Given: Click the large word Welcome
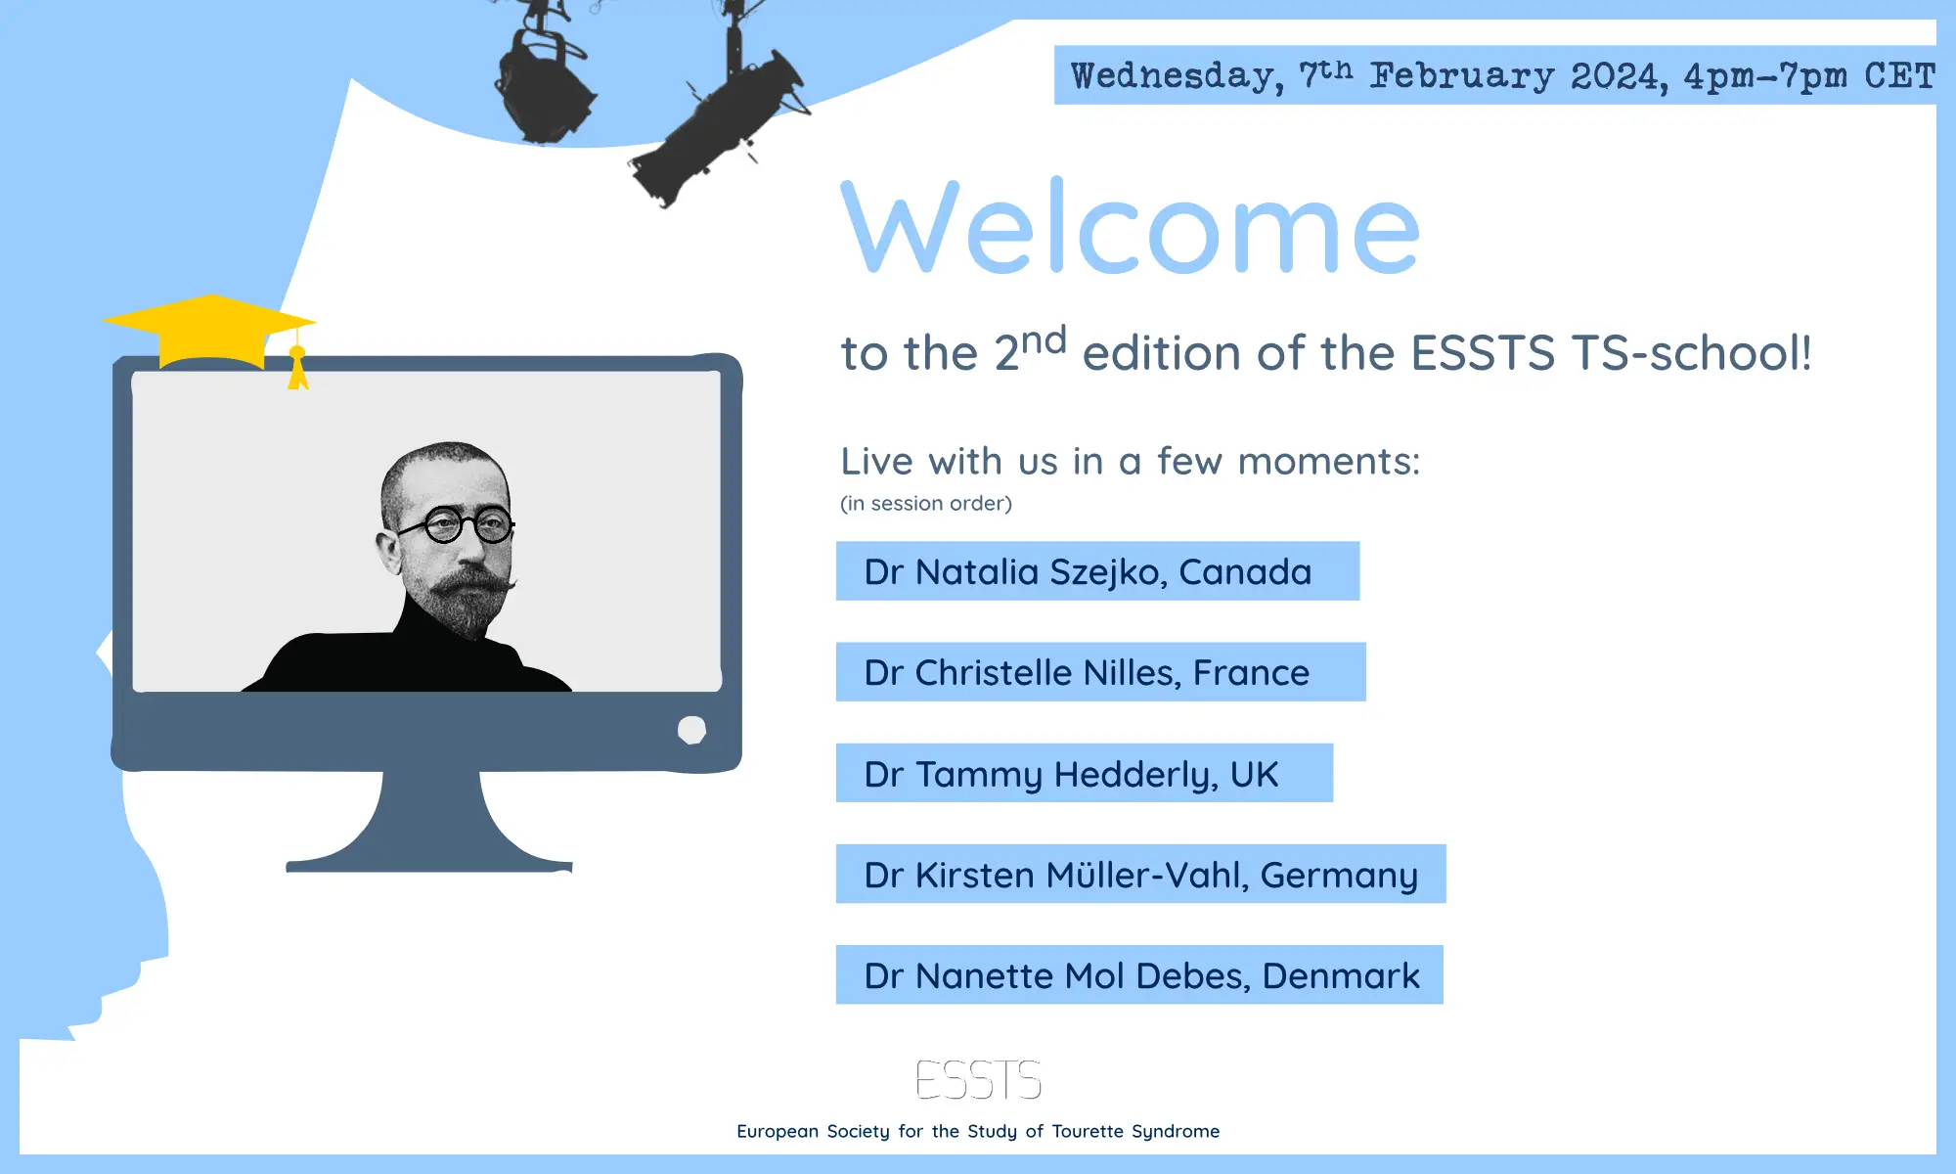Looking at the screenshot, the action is click(x=1130, y=226).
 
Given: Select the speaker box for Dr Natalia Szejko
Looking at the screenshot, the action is click(x=1097, y=570).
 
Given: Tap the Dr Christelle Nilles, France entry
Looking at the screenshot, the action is click(x=1100, y=671).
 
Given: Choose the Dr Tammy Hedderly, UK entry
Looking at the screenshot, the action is click(x=1085, y=773).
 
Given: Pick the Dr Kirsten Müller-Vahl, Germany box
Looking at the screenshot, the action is click(x=1140, y=874).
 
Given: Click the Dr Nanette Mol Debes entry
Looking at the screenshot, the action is click(x=1139, y=974).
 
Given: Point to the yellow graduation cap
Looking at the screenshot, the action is click(x=209, y=333).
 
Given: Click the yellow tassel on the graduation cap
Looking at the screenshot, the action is click(x=297, y=367).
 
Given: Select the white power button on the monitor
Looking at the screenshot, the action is click(x=691, y=730).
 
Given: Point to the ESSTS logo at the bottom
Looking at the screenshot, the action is click(x=978, y=1080).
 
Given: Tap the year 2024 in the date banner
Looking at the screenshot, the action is click(x=1619, y=75).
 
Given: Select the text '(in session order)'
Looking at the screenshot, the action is click(x=926, y=503).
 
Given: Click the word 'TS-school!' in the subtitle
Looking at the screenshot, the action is click(x=1692, y=352).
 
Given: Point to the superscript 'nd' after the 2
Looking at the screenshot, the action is click(x=1044, y=340).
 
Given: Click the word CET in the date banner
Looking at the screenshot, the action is click(x=1899, y=75).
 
